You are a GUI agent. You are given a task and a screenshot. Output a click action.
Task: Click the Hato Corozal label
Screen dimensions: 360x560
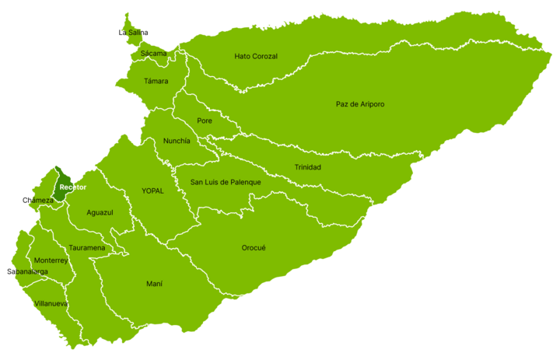click(256, 56)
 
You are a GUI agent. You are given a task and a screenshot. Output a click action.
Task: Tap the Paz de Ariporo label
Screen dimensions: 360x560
click(360, 104)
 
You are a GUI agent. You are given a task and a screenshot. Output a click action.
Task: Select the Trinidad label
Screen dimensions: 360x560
click(307, 167)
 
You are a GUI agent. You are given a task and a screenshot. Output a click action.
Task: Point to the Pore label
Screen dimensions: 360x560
click(205, 121)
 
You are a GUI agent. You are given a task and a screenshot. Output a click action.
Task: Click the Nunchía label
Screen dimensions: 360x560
click(177, 141)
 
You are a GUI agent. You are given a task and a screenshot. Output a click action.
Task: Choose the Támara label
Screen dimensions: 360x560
click(156, 81)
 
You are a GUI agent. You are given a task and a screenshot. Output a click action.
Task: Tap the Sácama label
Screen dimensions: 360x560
click(153, 54)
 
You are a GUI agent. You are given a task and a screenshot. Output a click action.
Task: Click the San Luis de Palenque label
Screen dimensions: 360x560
click(226, 182)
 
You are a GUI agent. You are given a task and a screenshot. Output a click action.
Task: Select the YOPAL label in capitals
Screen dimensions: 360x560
click(152, 190)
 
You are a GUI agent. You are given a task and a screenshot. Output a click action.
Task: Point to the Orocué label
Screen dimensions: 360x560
click(254, 247)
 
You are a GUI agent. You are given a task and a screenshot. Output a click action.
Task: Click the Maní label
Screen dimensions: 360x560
click(154, 284)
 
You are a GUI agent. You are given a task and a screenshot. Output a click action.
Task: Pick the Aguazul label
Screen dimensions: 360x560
click(100, 212)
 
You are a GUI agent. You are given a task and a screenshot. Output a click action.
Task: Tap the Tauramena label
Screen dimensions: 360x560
click(86, 247)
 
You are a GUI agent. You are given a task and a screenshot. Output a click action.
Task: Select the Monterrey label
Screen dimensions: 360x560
click(51, 260)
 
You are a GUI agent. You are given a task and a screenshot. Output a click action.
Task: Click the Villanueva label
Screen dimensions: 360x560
click(51, 303)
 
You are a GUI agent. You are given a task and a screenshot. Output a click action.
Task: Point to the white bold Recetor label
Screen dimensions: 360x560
click(72, 187)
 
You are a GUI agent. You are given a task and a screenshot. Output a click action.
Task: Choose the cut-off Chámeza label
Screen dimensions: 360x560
click(40, 200)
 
